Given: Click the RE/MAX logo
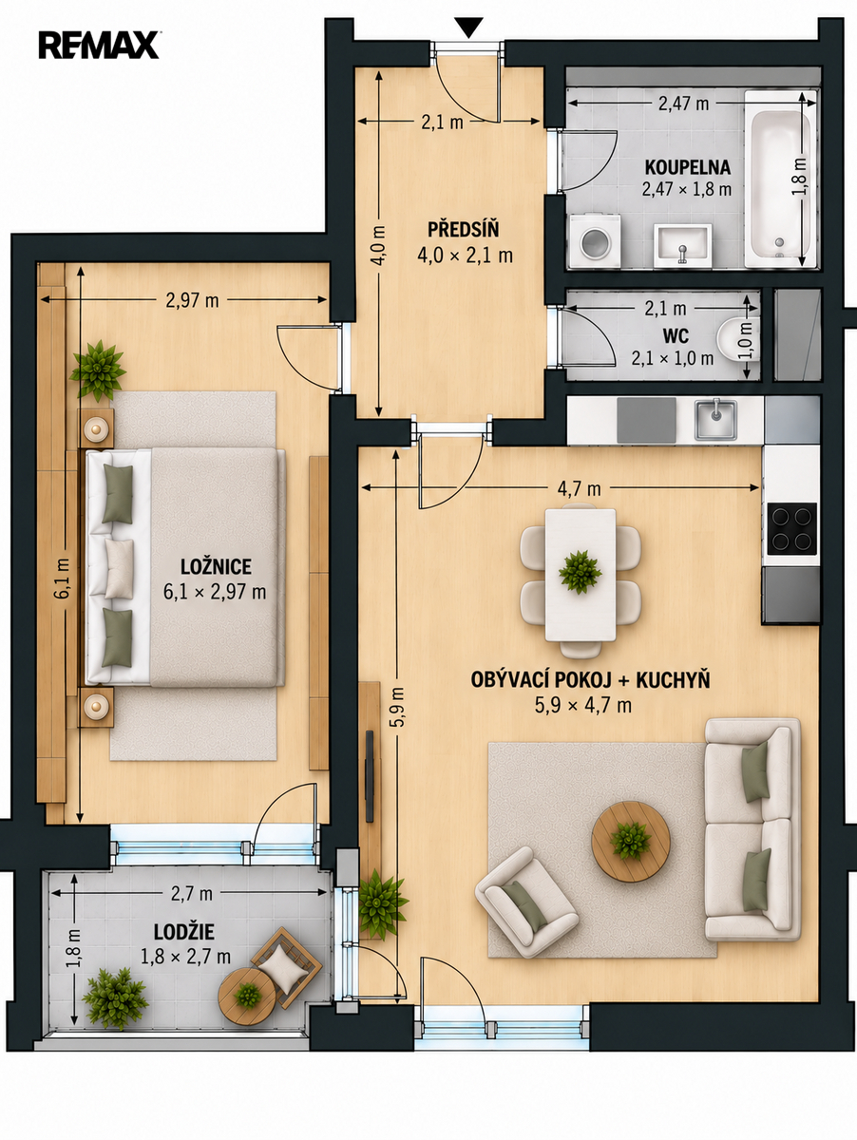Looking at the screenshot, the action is [99, 45].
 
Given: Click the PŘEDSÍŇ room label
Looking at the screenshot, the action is [464, 229].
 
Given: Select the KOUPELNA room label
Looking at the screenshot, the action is [688, 167].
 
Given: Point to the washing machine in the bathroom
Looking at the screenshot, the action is [595, 242].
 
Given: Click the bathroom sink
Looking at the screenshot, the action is [682, 246].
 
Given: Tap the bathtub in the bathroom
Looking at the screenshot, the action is [780, 180].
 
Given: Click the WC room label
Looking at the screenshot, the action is [676, 335].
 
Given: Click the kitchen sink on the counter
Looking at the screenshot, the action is [716, 420].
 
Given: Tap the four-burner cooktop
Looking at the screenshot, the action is [792, 528].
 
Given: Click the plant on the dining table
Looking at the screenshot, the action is [581, 572].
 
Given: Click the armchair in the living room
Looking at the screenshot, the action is [526, 902].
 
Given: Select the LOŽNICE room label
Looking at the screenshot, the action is [216, 566].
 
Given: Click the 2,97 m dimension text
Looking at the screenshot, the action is [192, 300].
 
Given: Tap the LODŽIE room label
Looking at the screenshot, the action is [184, 932].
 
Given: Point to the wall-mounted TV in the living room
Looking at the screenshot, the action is [370, 776].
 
